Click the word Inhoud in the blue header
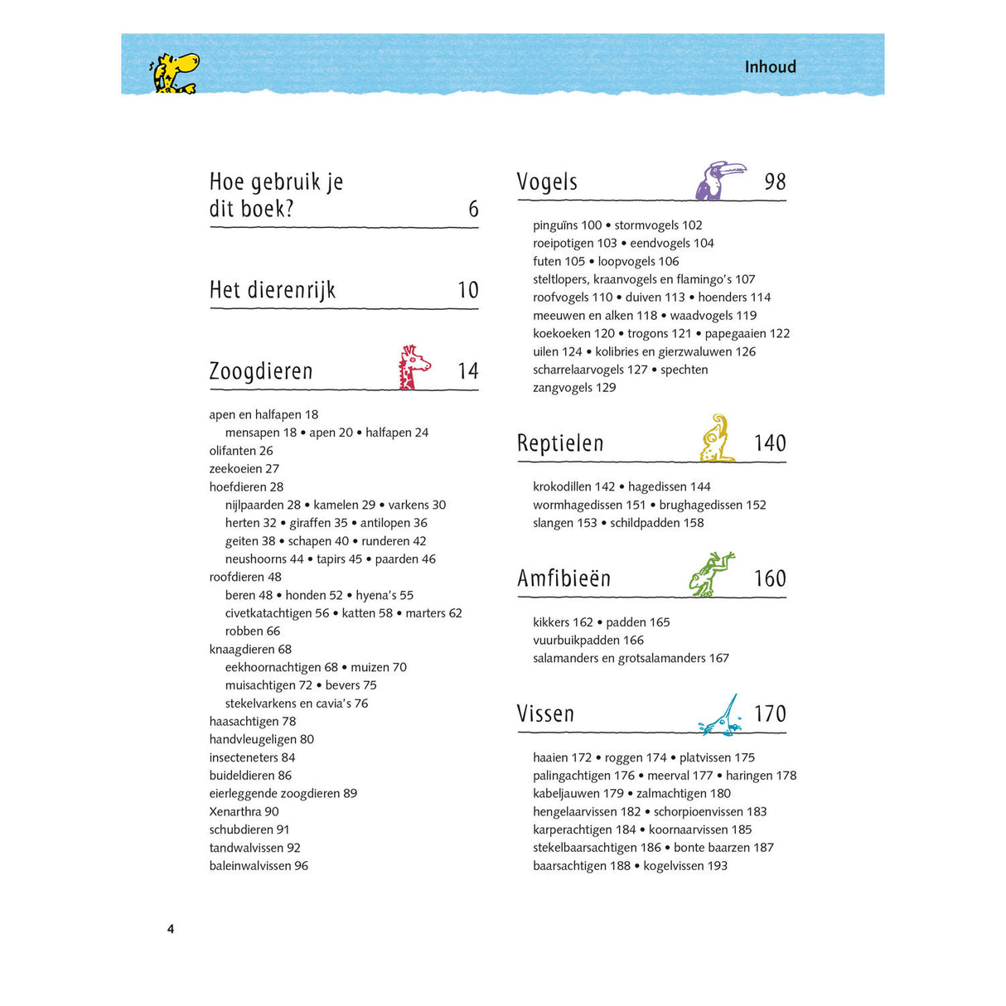pyautogui.click(x=770, y=67)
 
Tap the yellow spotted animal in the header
pyautogui.click(x=174, y=73)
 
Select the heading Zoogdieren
pyautogui.click(x=261, y=371)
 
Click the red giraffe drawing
pyautogui.click(x=413, y=368)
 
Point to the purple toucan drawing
pyautogui.click(x=718, y=181)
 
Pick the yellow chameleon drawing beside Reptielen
pyautogui.click(x=718, y=439)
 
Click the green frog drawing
pyautogui.click(x=712, y=573)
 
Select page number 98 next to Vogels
pyautogui.click(x=775, y=181)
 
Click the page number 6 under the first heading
pyautogui.click(x=473, y=209)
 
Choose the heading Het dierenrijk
pyautogui.click(x=273, y=290)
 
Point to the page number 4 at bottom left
pyautogui.click(x=171, y=929)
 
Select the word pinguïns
pyautogui.click(x=555, y=225)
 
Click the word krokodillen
pyautogui.click(x=562, y=486)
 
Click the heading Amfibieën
pyautogui.click(x=563, y=578)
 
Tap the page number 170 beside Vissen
pyautogui.click(x=769, y=713)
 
